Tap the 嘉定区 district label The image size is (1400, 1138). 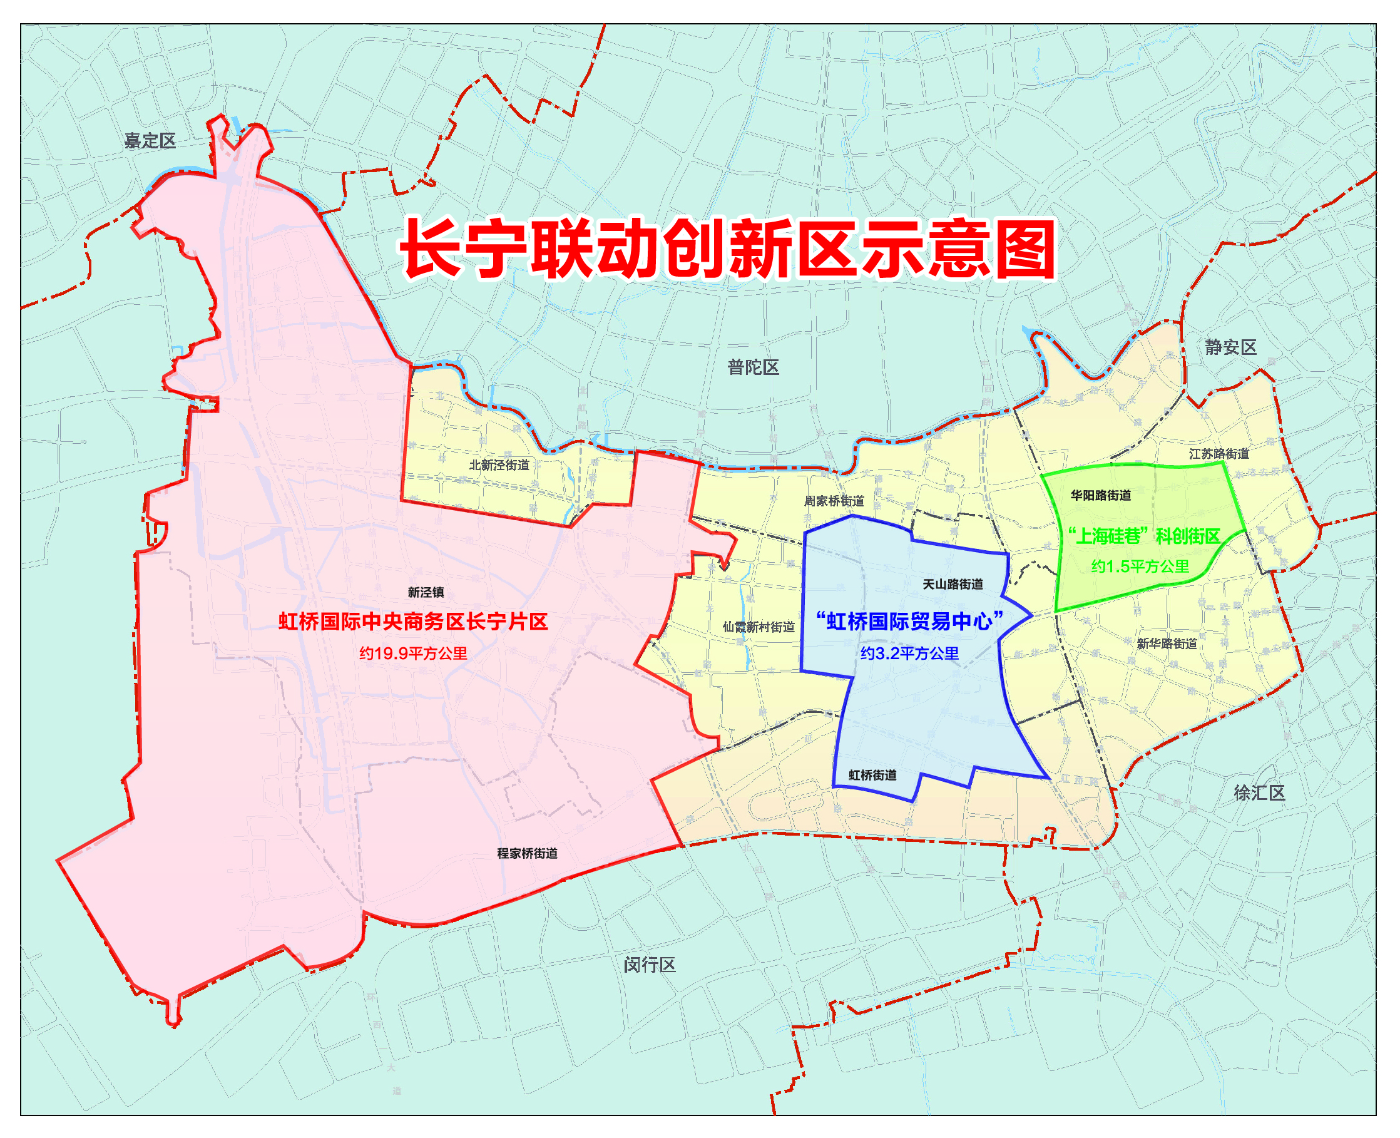pos(150,141)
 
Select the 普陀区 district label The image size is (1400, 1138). pos(753,367)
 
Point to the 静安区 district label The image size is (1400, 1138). pos(1230,347)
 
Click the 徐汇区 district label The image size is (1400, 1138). pos(1259,793)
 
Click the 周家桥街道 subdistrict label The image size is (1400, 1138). pos(834,501)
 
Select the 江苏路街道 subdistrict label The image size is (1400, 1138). pos(1219,454)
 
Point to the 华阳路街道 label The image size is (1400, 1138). pos(1100,496)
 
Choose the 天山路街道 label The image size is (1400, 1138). pos(953,584)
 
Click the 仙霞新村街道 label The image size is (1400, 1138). pos(759,627)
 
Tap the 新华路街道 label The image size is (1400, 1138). pos(1167,643)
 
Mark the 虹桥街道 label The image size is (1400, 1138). pos(872,775)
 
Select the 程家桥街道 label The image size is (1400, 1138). pos(527,854)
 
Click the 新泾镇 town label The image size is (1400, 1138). pos(426,593)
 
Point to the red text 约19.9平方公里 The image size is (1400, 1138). pos(413,654)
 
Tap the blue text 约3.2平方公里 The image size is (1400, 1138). pos(909,654)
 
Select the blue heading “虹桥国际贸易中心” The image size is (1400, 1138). pos(909,621)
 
